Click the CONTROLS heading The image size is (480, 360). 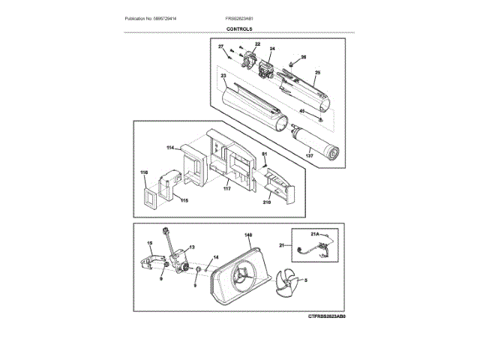point(239,28)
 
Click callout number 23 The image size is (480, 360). point(223,76)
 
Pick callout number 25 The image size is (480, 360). point(317,73)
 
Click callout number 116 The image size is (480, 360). point(143,172)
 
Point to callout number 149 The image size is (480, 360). point(247,234)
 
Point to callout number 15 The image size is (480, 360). point(149,242)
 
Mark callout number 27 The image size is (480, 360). point(221,47)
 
